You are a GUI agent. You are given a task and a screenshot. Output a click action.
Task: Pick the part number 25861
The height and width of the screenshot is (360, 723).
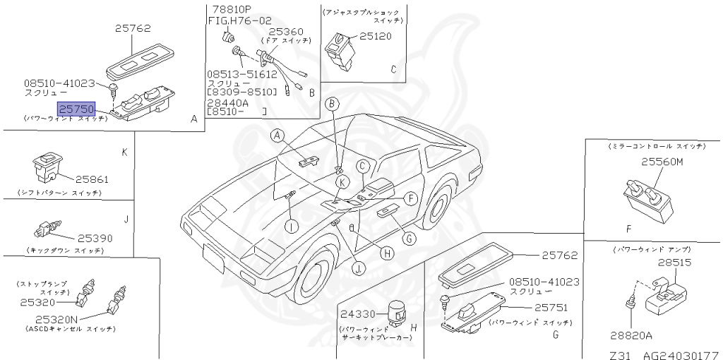click(x=92, y=179)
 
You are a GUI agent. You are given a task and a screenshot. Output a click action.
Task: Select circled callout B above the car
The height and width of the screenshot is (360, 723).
click(x=333, y=104)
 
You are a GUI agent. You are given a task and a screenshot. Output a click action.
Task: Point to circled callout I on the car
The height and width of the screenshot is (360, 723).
click(x=292, y=225)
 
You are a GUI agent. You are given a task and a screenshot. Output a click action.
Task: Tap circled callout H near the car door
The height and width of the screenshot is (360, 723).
click(x=386, y=253)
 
